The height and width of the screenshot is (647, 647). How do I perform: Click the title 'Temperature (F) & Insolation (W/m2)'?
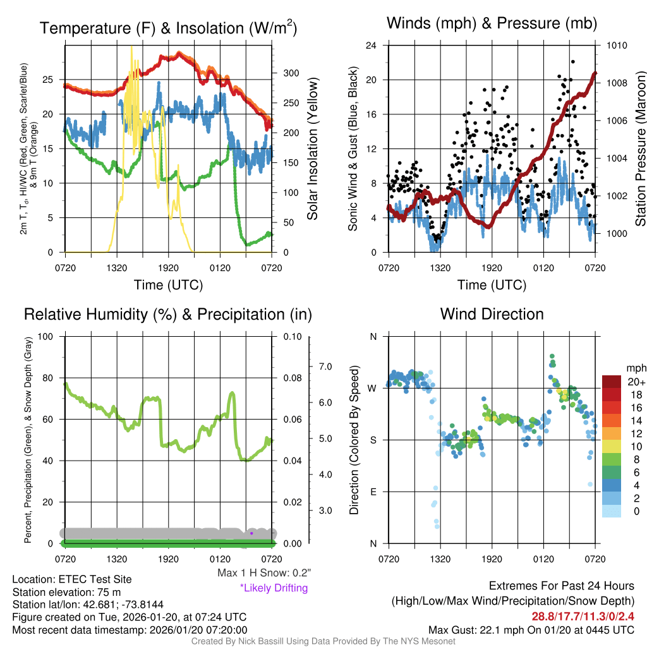click(168, 28)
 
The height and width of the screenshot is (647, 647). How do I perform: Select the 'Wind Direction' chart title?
click(492, 314)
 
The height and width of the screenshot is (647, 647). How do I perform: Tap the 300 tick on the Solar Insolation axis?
click(291, 73)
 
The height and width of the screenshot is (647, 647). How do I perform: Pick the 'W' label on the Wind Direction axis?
click(372, 388)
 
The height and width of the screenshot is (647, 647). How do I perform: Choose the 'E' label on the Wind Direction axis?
click(373, 492)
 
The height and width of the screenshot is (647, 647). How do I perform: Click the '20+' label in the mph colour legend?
click(636, 382)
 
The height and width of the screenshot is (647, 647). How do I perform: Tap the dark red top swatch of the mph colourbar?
click(612, 382)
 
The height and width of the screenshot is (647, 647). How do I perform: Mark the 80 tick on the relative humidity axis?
click(49, 378)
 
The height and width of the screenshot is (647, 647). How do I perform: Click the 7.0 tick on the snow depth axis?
click(325, 366)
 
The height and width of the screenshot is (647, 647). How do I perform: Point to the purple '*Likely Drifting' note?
click(274, 588)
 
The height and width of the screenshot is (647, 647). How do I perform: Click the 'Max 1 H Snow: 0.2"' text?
click(264, 573)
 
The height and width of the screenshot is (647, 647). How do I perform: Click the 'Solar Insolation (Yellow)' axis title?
click(312, 149)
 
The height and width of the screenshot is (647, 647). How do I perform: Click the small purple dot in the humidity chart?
click(251, 533)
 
